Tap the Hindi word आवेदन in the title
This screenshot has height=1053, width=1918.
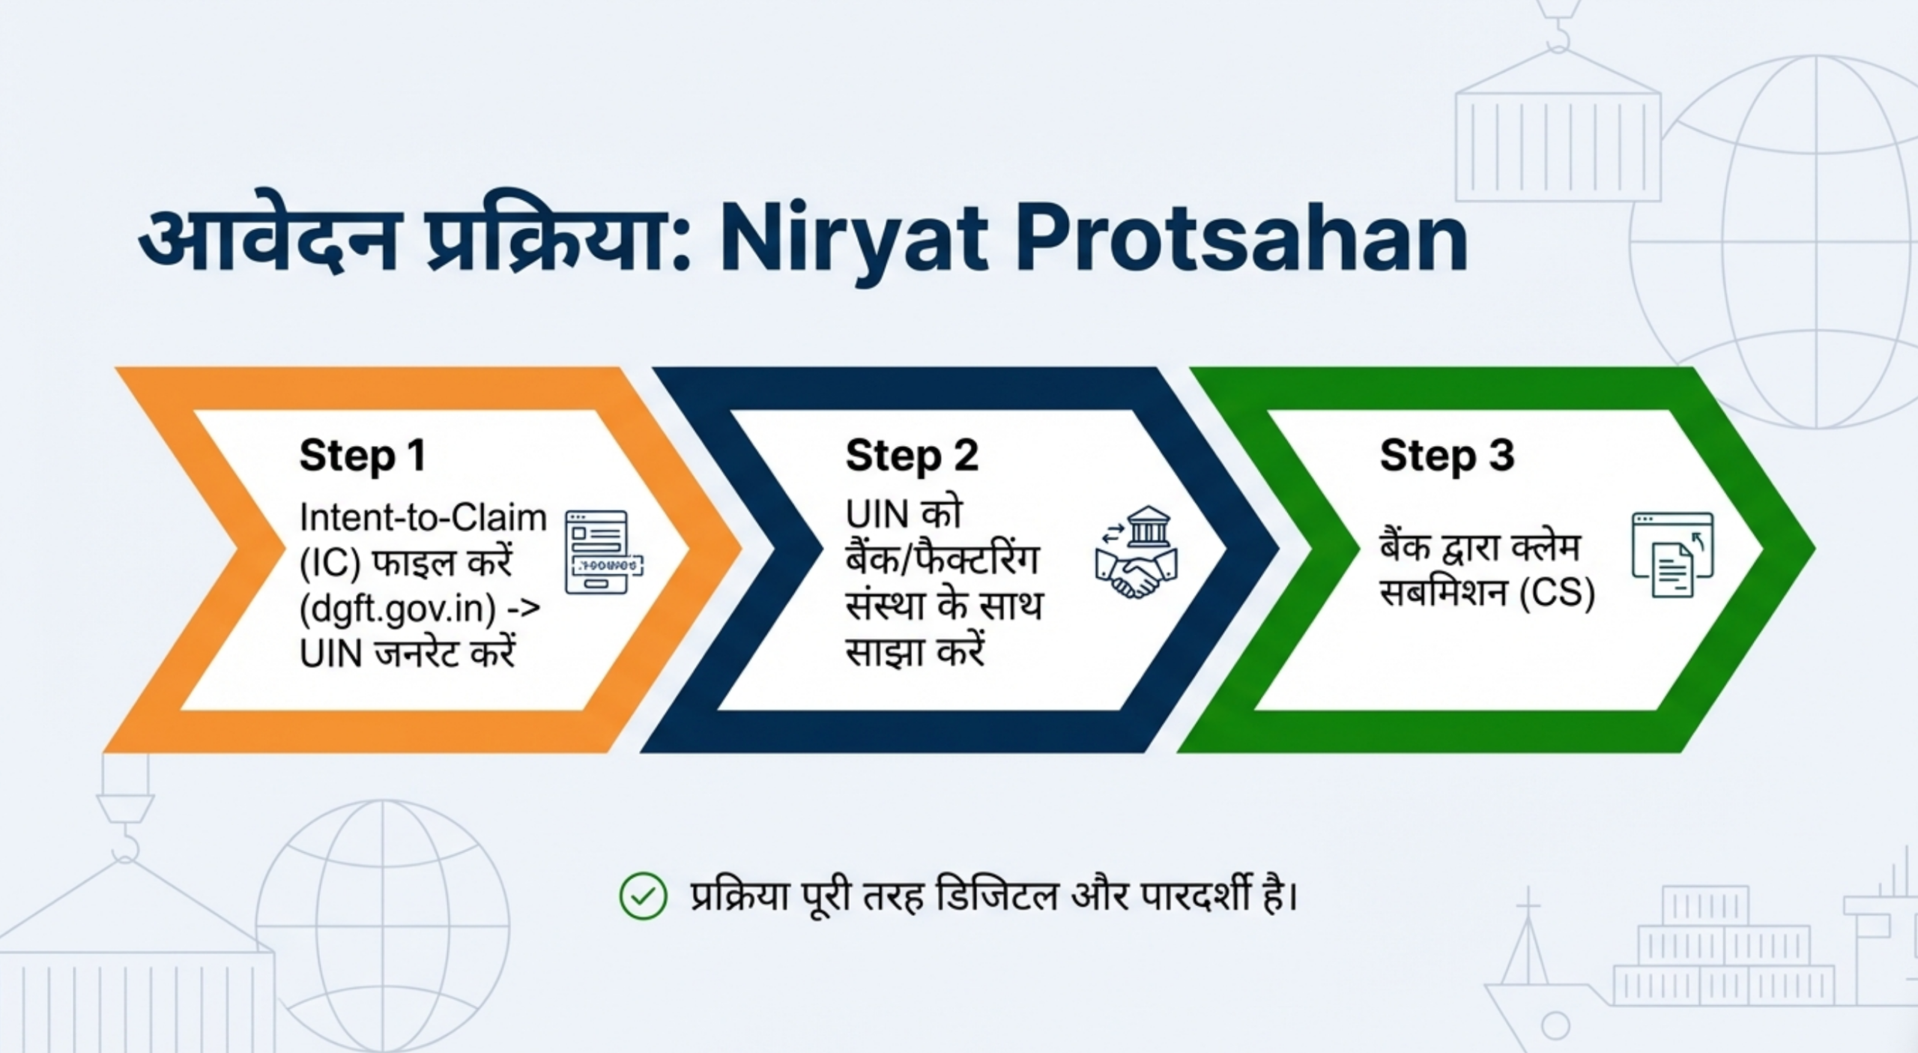[x=267, y=236]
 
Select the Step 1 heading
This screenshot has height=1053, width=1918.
[x=363, y=456]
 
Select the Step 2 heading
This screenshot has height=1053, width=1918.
[x=912, y=456]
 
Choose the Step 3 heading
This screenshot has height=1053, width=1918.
[x=1447, y=456]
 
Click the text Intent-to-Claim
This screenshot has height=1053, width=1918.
[x=423, y=518]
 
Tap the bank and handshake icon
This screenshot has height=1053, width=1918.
[x=1135, y=552]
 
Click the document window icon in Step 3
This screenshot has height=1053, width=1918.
[x=1672, y=555]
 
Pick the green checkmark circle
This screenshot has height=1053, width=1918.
[x=643, y=896]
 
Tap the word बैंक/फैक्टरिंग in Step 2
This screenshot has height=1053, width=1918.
[x=942, y=560]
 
